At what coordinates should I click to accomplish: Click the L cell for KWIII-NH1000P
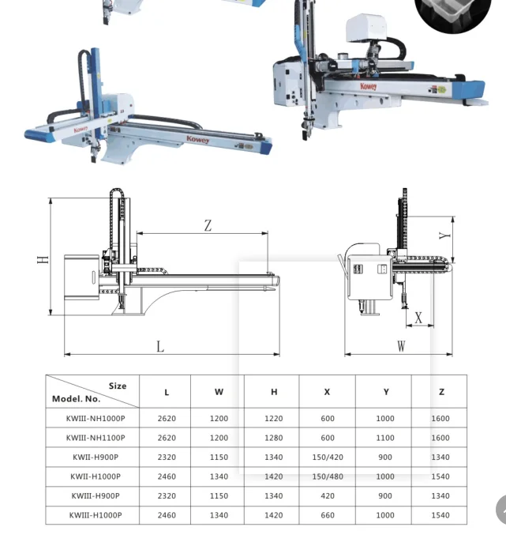click(x=167, y=419)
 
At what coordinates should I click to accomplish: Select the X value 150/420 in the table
click(x=327, y=458)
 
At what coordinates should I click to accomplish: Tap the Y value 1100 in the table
click(x=385, y=438)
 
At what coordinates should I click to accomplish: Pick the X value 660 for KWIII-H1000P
click(x=327, y=515)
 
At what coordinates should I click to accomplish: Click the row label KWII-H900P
click(x=96, y=458)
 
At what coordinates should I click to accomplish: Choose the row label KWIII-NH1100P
click(x=96, y=438)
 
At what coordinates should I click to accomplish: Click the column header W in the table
click(x=219, y=392)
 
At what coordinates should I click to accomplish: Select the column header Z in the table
click(x=441, y=392)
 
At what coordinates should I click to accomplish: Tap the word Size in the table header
click(x=118, y=386)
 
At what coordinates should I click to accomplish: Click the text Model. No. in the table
click(x=77, y=399)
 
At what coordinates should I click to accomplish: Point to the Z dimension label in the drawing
click(x=208, y=226)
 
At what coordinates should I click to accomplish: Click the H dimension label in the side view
click(x=43, y=258)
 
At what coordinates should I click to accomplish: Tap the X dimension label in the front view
click(x=418, y=318)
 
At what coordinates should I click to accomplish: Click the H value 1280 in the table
click(x=274, y=438)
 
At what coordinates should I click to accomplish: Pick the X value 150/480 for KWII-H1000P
click(x=327, y=476)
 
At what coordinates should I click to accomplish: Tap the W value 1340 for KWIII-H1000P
click(x=219, y=515)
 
